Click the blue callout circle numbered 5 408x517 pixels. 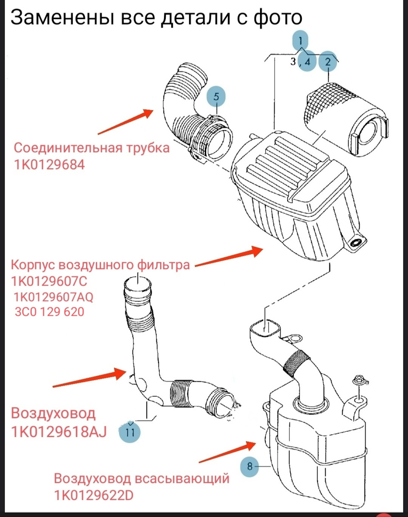click(216, 97)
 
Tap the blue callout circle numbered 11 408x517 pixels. click(130, 432)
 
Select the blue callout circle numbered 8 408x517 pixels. click(250, 466)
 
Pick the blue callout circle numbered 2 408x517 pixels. click(328, 62)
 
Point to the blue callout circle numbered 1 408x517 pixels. click(300, 41)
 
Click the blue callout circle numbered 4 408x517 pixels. click(308, 62)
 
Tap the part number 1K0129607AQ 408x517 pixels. click(54, 297)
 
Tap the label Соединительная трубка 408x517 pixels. click(91, 148)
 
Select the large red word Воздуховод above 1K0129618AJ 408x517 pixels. click(54, 413)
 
